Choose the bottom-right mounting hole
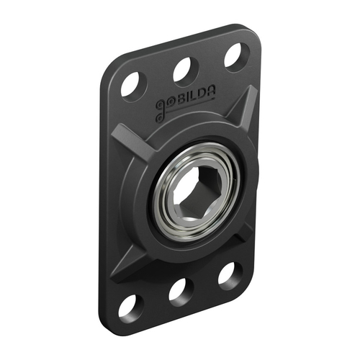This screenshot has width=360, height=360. click(229, 275)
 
